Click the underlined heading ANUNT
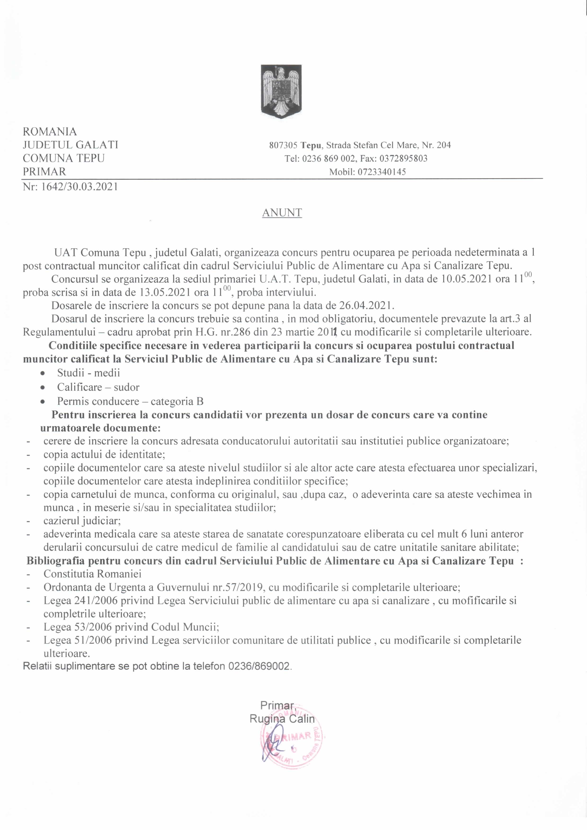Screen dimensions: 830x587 282,213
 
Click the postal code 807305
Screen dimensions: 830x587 283,145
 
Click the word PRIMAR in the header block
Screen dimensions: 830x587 44,171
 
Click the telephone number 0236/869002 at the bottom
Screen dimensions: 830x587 259,666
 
